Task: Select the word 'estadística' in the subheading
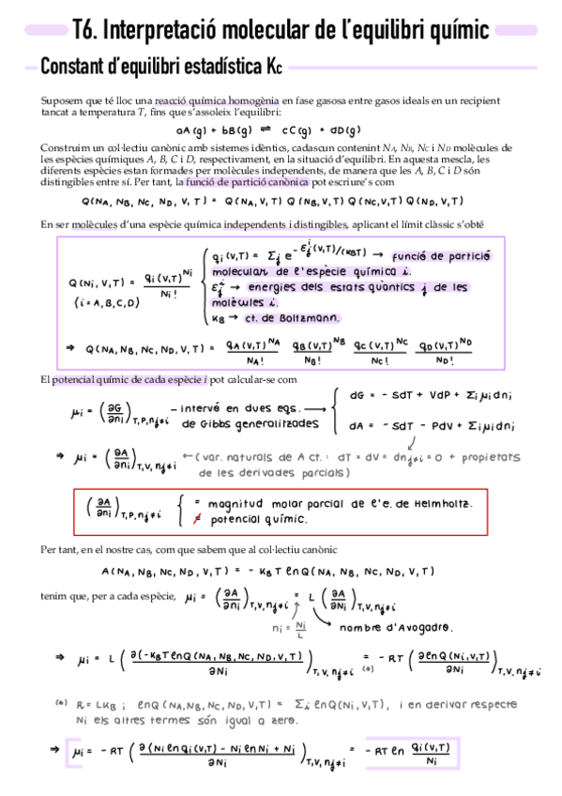(x=215, y=69)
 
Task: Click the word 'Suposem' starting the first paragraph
(x=60, y=100)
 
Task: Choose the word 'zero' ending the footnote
(x=279, y=721)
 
